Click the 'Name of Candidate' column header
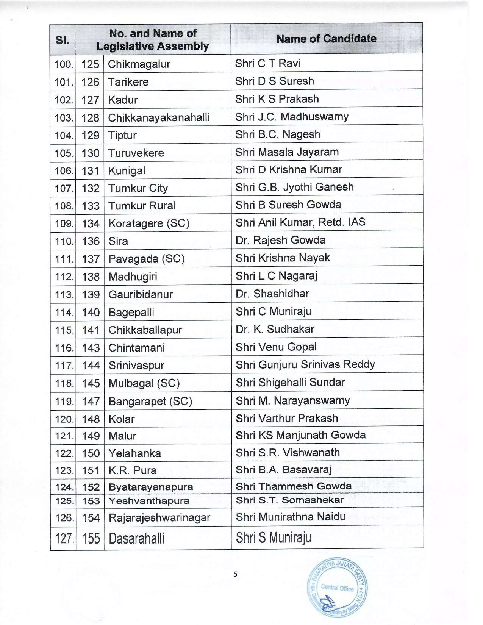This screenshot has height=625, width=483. coord(326,39)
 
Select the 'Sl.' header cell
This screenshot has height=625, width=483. coord(62,40)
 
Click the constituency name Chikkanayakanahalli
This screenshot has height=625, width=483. coord(159,118)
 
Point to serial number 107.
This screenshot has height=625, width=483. coord(64,188)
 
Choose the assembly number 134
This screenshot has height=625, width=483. coord(90,223)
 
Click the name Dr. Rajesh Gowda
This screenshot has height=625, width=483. coord(280,240)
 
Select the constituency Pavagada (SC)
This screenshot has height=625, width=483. coord(146,259)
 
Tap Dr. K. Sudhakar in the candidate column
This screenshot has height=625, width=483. coord(275,329)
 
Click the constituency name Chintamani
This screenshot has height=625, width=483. coord(137,348)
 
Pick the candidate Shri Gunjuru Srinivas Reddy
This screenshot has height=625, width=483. coord(305,365)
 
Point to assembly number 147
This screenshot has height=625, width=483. coord(90,401)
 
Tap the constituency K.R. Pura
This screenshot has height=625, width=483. coord(132,470)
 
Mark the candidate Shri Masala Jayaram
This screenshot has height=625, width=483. coord(287,152)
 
